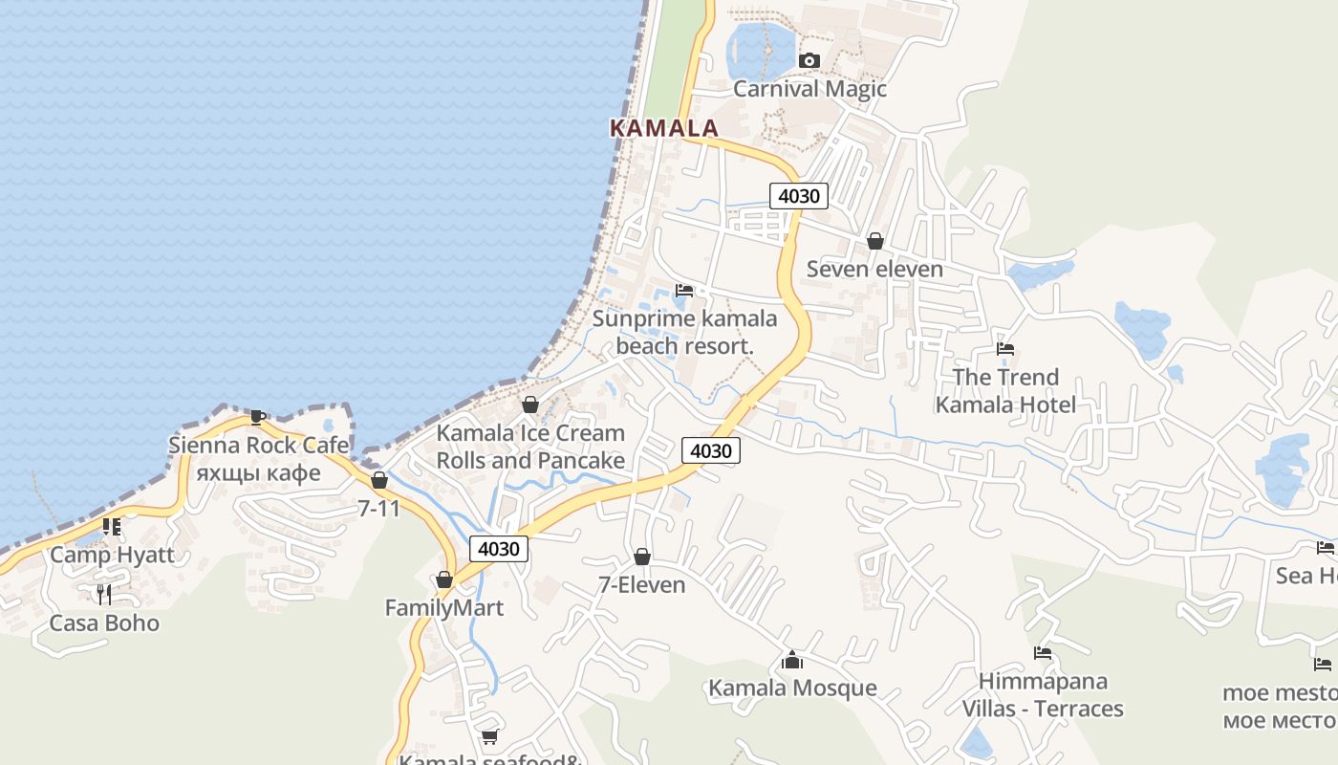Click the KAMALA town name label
tap(664, 128)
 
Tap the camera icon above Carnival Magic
tap(809, 60)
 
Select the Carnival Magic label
tap(809, 89)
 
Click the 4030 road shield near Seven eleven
tap(798, 196)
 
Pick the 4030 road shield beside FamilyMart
tap(498, 549)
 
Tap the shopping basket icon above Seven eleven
tap(874, 241)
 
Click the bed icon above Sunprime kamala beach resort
tap(683, 291)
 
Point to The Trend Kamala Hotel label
tap(1005, 390)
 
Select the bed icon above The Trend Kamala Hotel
tap(1004, 349)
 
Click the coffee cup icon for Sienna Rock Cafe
tap(257, 417)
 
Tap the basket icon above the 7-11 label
tap(379, 480)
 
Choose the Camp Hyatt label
tap(112, 555)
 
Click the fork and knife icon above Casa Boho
tap(104, 595)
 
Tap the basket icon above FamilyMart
tap(443, 579)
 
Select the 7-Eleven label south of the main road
tap(641, 584)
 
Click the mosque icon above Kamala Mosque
tap(791, 660)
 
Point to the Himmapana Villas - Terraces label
tap(1043, 695)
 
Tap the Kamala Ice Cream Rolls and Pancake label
tap(530, 447)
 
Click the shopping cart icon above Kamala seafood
tap(489, 736)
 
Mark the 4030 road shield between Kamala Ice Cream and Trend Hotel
tap(711, 450)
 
